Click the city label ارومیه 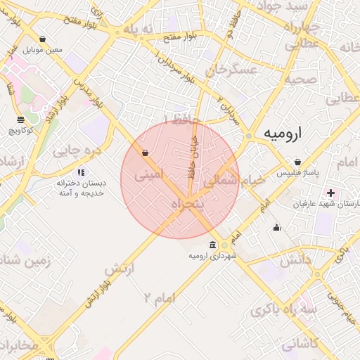click(x=284, y=133)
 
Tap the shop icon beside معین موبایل click(x=44, y=39)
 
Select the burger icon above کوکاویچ click(x=20, y=119)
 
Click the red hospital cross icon click(x=330, y=193)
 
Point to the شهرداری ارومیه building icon click(x=212, y=245)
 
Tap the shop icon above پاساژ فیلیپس click(x=298, y=162)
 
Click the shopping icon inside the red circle click(x=145, y=153)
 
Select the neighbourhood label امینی click(x=148, y=172)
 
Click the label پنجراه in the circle click(x=187, y=203)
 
